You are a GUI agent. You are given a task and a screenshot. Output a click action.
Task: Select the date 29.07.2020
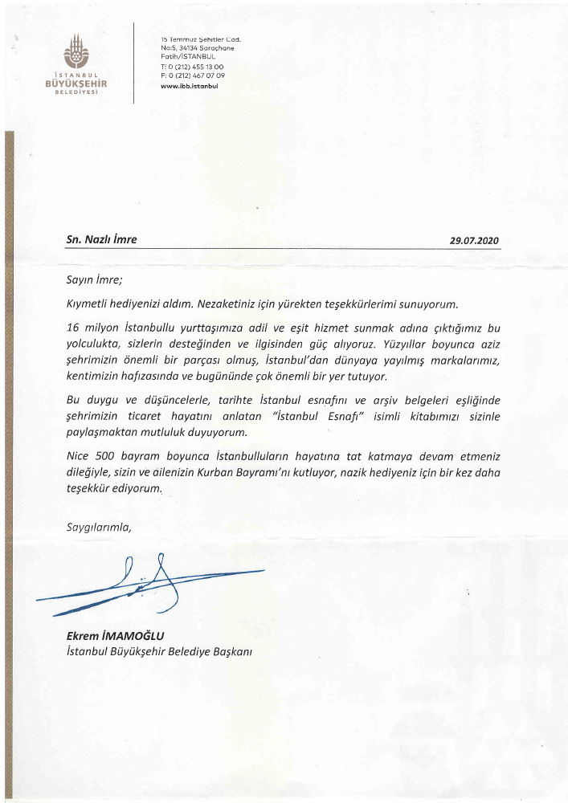(474, 240)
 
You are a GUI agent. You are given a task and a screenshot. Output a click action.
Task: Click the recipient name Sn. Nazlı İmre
(102, 239)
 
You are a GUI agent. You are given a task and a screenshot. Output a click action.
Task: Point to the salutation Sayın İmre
(95, 280)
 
